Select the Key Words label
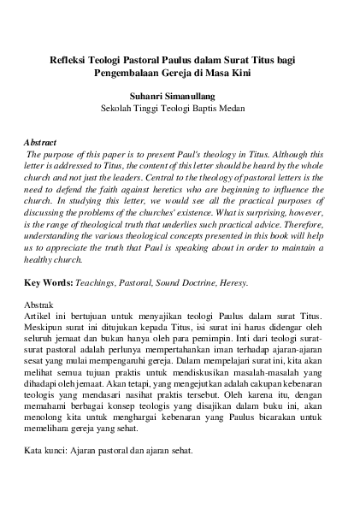[x=49, y=281]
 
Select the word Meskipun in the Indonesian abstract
[x=47, y=329]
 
